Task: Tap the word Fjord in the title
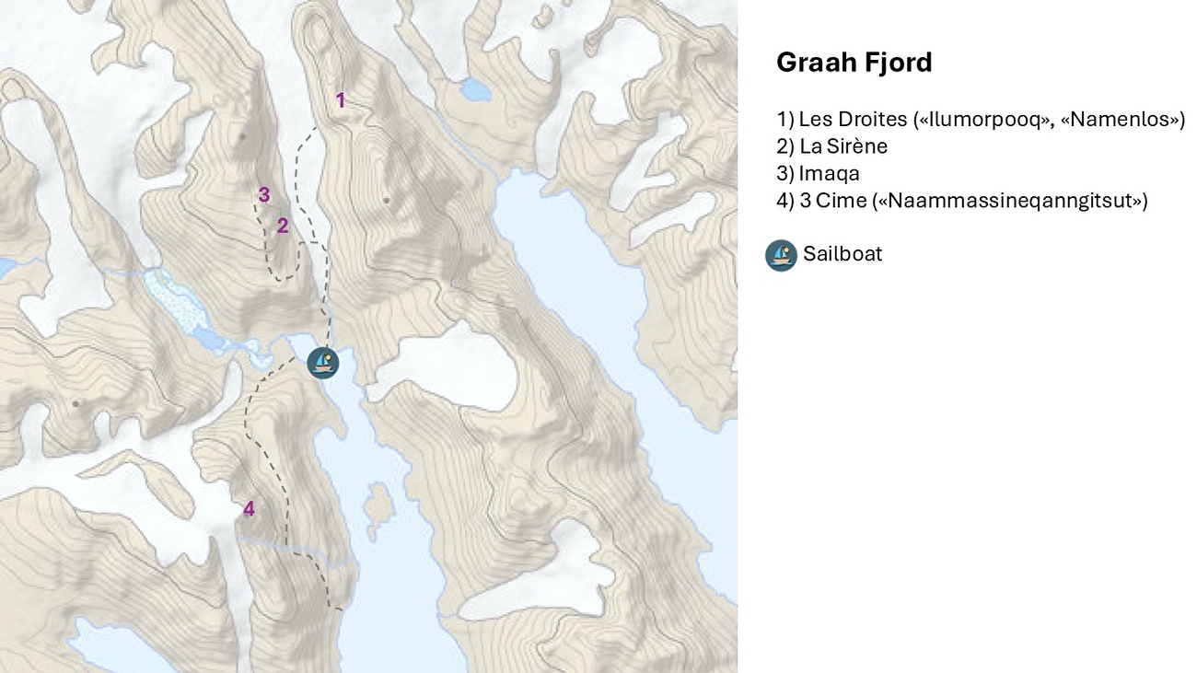click(898, 63)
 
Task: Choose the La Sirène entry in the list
click(843, 146)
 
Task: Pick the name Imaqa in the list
click(829, 173)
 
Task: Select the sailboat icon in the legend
click(781, 255)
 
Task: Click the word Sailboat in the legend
click(843, 254)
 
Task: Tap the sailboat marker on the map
click(323, 363)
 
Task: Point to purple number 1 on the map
click(340, 100)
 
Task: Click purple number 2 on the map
click(283, 226)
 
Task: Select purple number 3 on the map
click(264, 195)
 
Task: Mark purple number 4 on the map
click(249, 509)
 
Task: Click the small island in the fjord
click(378, 507)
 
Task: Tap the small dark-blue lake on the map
click(475, 89)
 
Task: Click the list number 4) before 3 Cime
click(785, 201)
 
